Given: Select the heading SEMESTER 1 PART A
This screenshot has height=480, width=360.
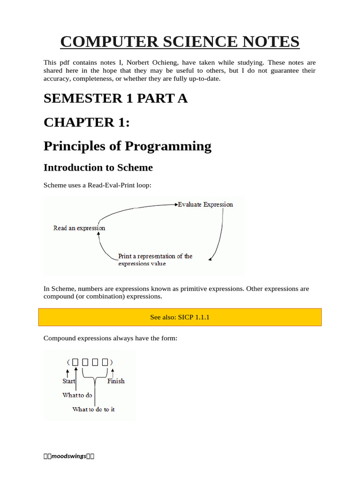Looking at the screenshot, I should (x=115, y=98).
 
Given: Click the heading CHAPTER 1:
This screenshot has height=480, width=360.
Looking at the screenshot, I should (x=87, y=122).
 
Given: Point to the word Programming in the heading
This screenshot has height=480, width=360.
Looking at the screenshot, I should (x=168, y=146).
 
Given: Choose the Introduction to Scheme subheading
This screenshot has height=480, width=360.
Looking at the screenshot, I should (x=98, y=167).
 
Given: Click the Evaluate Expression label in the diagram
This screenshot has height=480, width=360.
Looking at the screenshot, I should (x=205, y=204).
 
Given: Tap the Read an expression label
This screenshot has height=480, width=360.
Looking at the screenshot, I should (x=79, y=228).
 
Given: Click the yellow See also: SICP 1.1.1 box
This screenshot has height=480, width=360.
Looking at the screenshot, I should (x=180, y=317).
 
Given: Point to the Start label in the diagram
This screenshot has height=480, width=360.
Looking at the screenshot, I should (x=69, y=381).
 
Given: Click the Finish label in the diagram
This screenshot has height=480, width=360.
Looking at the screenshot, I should (x=116, y=381).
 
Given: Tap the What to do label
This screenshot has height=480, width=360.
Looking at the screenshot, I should (x=77, y=395).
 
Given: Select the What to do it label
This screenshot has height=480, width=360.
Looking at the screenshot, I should (x=93, y=409).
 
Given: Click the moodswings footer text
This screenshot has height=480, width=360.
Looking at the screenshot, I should (x=69, y=456).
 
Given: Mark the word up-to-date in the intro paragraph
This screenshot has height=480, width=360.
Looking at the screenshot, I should (x=202, y=78).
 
